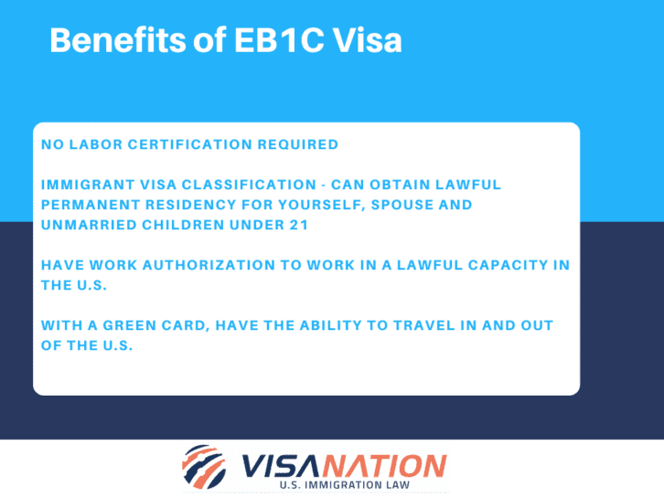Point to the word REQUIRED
pos(295,144)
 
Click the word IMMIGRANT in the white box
pos(84,185)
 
